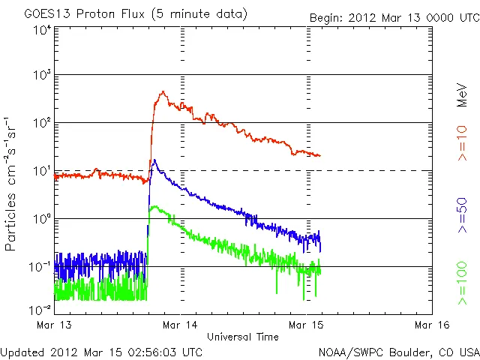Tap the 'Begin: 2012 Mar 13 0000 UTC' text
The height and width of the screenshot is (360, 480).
coord(394,16)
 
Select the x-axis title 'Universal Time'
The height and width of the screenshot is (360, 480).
coord(242,337)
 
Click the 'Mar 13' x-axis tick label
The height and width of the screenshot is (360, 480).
coord(53,325)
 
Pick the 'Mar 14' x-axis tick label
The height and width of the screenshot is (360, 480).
coord(180,325)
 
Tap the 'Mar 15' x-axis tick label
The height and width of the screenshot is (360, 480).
coord(306,325)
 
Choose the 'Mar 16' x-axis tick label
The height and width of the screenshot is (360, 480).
coord(432,325)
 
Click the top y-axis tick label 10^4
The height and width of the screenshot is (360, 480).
coord(41,30)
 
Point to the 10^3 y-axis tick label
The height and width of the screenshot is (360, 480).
coord(41,76)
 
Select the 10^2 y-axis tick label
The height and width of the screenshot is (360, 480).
coord(41,123)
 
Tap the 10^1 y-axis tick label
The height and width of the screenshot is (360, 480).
coord(41,171)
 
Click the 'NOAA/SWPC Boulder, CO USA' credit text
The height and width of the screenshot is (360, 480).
coord(397,351)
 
